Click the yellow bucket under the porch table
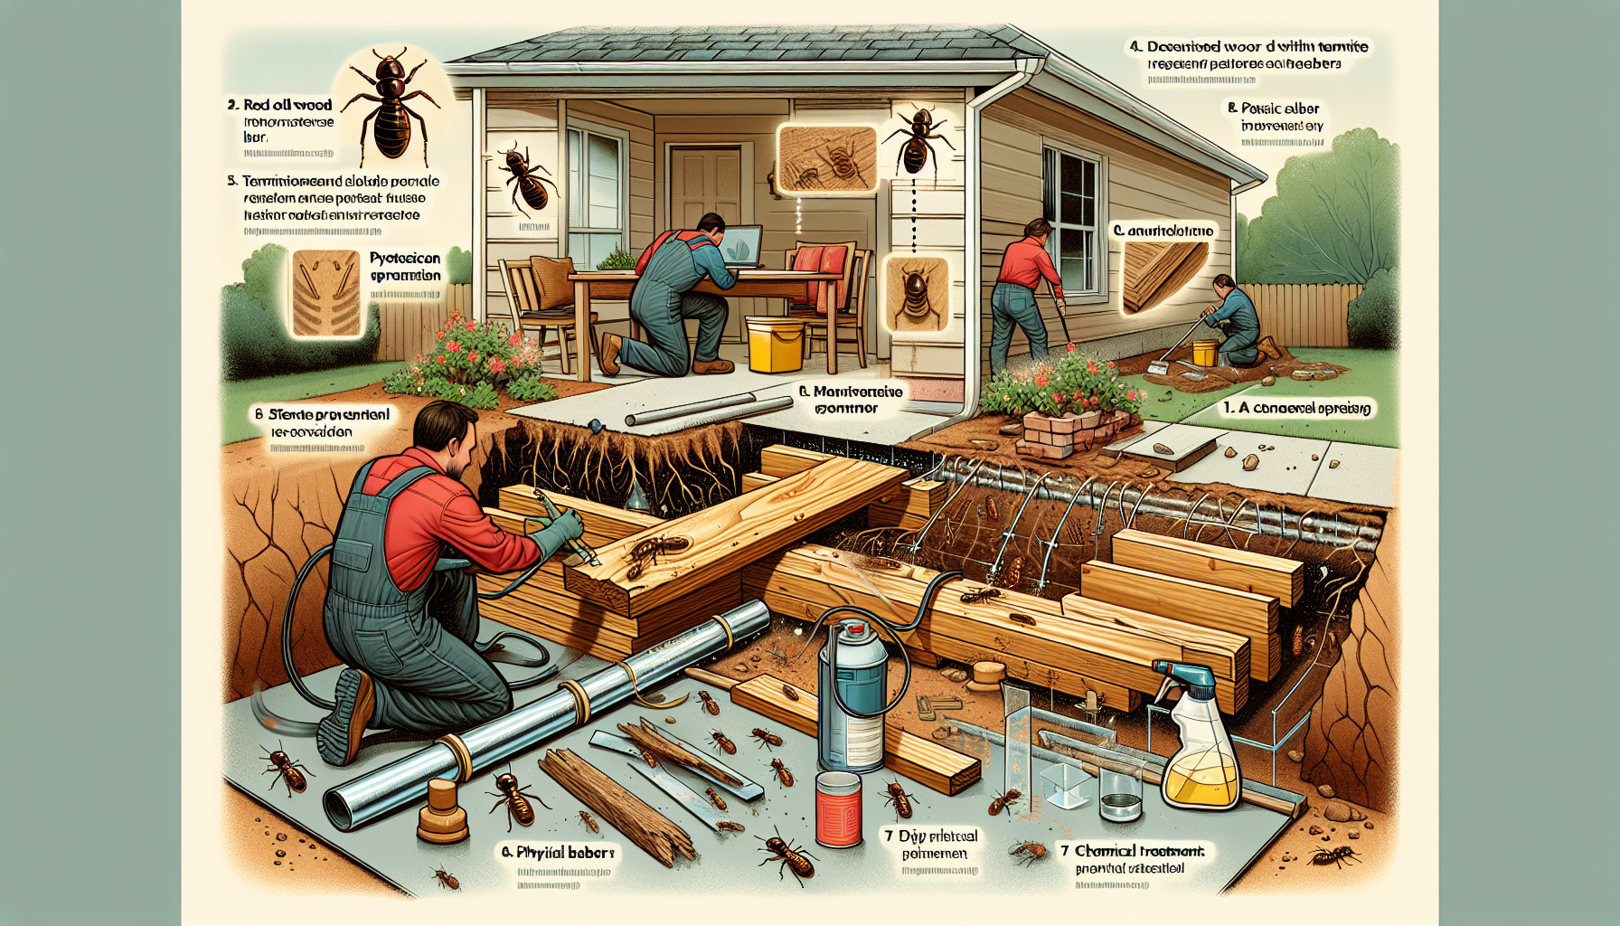point(775,345)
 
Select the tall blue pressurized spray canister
point(851,692)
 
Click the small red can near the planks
point(839,808)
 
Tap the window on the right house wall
point(1071,217)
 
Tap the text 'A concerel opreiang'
point(1297,408)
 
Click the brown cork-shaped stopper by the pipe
point(443,811)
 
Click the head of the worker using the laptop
point(711,226)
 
